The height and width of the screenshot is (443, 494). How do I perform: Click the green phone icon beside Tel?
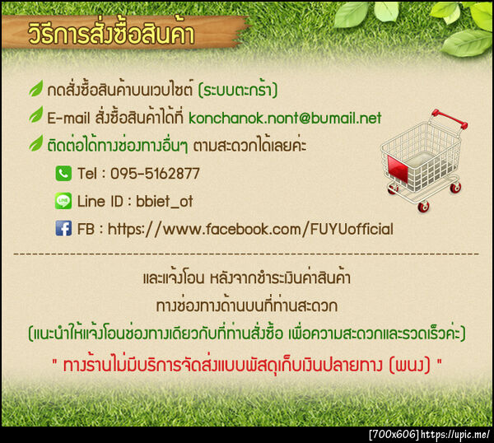coord(63,174)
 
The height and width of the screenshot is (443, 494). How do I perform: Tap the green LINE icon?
coord(63,201)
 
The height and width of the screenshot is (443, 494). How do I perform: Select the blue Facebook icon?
coord(63,229)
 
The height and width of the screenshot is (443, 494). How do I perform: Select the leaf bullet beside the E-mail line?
coord(35,117)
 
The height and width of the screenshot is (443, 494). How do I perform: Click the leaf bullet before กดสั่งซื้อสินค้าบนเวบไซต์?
coord(35,88)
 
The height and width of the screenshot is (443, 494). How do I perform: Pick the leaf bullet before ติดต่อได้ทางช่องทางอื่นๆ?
coord(35,145)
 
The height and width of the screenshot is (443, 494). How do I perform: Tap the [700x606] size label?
coord(394,434)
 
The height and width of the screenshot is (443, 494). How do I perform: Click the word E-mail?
coord(68,118)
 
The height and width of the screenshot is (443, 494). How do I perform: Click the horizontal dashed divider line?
coord(247,254)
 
